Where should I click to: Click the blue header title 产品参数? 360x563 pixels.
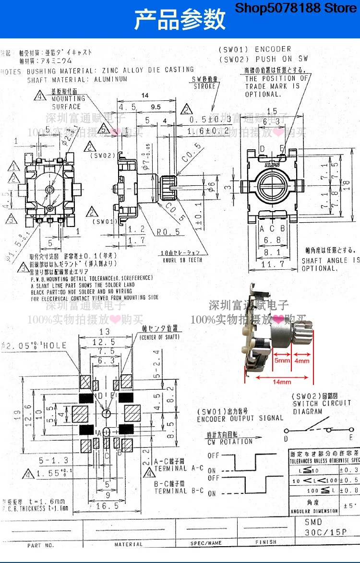[180, 20]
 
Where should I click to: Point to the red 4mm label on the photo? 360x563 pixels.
[302, 359]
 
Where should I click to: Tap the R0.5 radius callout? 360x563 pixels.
[168, 232]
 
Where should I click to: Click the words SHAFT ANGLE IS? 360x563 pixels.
[330, 260]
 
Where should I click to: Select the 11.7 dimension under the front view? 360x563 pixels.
[272, 264]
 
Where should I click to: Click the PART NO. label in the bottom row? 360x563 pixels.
[41, 545]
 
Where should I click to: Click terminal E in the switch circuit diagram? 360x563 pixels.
[351, 437]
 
